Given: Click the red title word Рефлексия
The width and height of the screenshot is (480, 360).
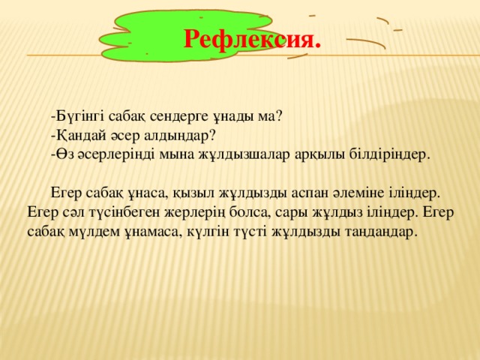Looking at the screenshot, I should tap(252, 37).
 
